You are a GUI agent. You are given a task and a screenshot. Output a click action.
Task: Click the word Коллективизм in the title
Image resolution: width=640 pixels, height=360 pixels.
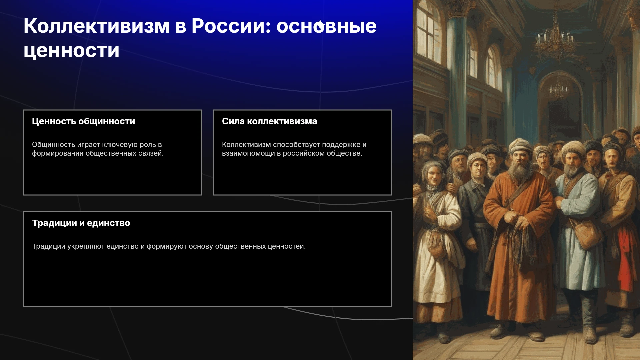[x=97, y=26]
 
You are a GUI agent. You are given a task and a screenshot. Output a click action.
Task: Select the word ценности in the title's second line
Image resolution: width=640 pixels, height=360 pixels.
[x=71, y=51]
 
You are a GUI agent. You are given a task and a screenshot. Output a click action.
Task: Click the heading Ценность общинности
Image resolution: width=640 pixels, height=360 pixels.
[x=83, y=121]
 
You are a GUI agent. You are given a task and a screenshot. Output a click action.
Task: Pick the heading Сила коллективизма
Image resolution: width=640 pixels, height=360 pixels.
[x=269, y=121]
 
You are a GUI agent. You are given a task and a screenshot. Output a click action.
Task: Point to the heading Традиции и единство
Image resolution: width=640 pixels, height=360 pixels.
[x=81, y=223]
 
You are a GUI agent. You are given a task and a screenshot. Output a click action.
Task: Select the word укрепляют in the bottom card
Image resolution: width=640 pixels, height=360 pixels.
[x=86, y=246]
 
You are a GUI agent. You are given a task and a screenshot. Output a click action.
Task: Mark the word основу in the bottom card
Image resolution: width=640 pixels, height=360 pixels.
[x=201, y=246]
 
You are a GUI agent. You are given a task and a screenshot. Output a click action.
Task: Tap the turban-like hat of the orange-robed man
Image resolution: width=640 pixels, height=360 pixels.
[x=520, y=145]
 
